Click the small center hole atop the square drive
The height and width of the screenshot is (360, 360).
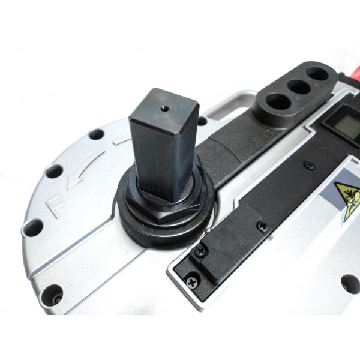tap(165, 109)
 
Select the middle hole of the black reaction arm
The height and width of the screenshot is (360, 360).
tap(298, 87)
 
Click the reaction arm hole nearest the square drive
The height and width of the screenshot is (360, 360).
tap(278, 101)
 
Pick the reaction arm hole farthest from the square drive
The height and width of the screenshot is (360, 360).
tap(317, 74)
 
